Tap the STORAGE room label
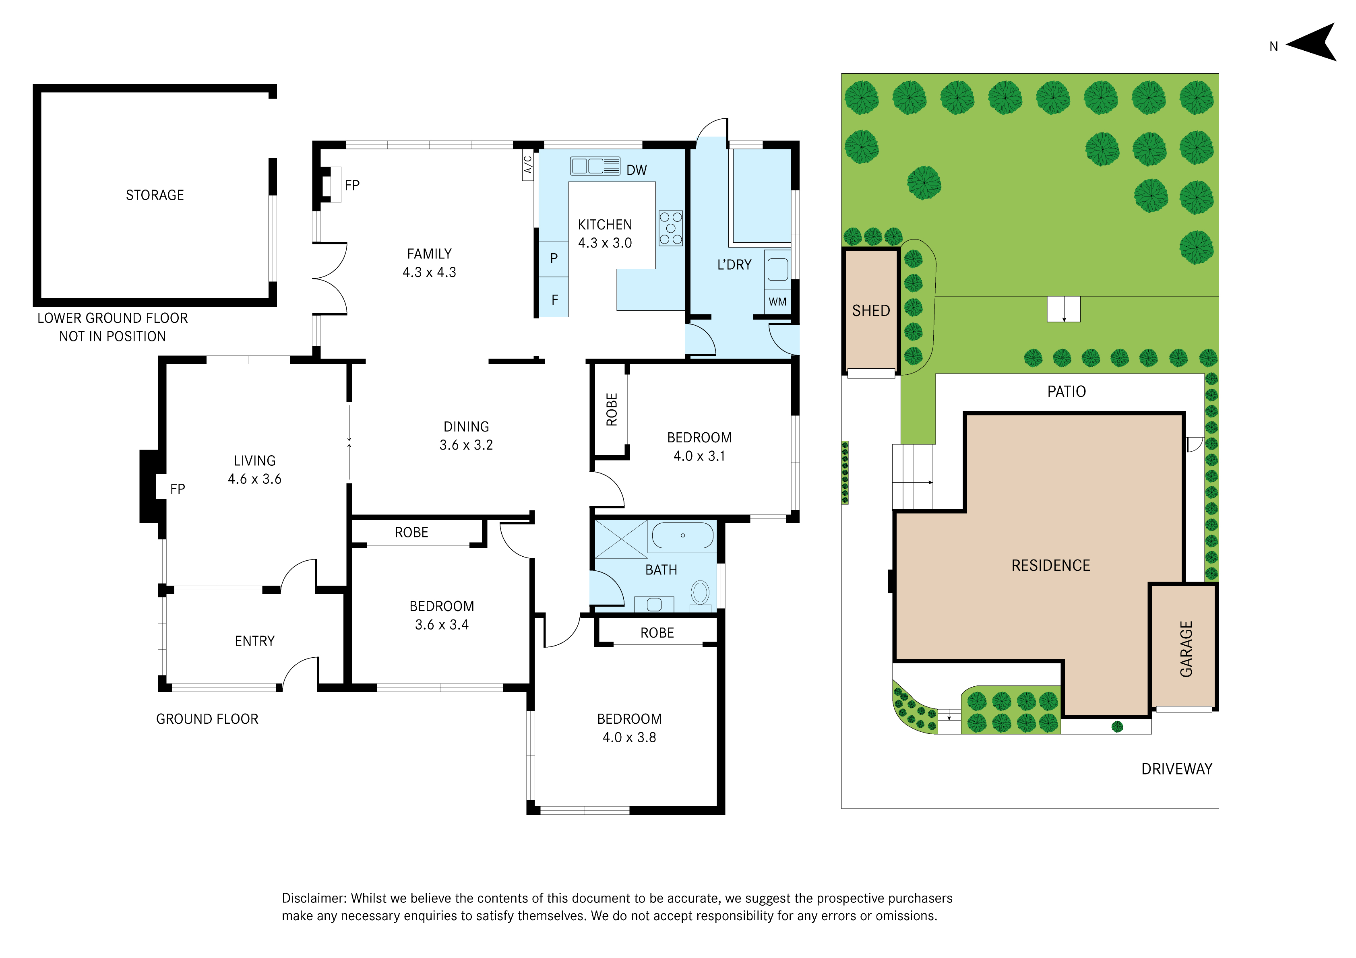155,195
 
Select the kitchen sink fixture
595,166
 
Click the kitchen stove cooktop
671,228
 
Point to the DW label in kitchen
637,170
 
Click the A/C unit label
528,165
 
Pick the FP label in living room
177,489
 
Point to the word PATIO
1067,392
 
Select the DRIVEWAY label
1176,769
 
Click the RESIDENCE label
1051,566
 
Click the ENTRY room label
254,642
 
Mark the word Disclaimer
314,898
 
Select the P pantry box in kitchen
554,259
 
